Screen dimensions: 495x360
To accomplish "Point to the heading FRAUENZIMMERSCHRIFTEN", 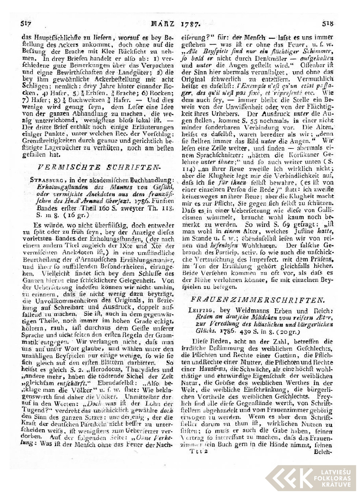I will click(258, 300).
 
